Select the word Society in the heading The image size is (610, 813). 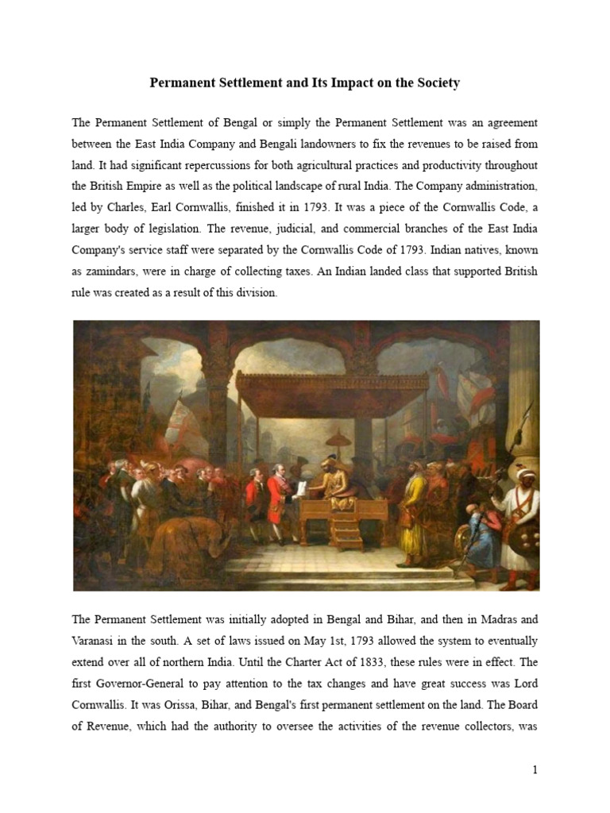(435, 83)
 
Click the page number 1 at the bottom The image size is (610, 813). (535, 770)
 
